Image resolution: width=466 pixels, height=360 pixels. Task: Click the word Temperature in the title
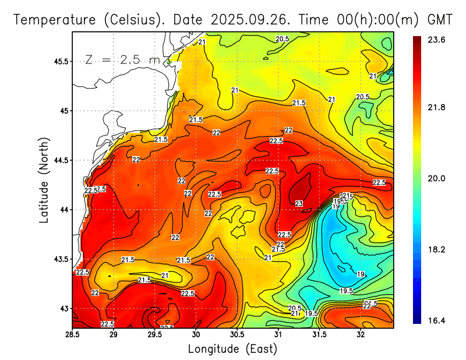coord(56,20)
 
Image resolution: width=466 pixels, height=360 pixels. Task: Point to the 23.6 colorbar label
coord(437,40)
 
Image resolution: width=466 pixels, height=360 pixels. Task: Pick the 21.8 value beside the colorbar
coord(437,107)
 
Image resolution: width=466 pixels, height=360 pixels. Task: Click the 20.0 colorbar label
coord(437,178)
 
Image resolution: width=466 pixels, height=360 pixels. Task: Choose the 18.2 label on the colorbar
coord(437,249)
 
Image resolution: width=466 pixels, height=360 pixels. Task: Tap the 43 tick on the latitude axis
coord(63,308)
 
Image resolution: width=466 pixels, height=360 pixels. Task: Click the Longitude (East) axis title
coord(232,349)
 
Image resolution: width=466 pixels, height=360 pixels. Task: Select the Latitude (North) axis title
coord(44,179)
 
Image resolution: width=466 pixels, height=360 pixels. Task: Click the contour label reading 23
coord(299,203)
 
